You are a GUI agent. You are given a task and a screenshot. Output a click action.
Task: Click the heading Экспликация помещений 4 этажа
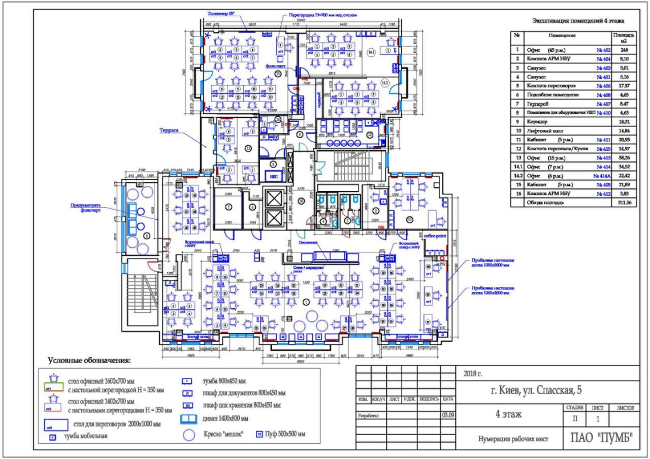[x=578, y=21]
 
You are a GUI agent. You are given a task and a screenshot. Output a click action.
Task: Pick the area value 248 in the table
[x=624, y=50]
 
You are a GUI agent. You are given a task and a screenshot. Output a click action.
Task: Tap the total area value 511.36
[x=624, y=203]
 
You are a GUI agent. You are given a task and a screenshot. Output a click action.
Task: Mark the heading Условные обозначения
[x=89, y=361]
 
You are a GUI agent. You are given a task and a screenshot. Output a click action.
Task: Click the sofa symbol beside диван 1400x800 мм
[x=188, y=419]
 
